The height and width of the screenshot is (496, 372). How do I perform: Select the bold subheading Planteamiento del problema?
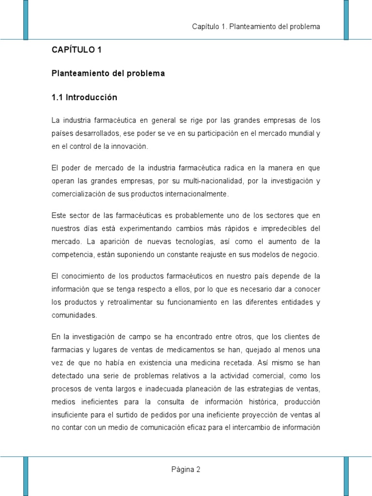click(x=108, y=74)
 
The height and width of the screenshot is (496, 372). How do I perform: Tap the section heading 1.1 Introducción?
click(x=84, y=97)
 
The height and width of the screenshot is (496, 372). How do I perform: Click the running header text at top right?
click(x=256, y=26)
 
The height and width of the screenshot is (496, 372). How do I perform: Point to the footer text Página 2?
click(x=186, y=469)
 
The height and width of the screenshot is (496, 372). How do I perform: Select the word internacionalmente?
click(x=196, y=194)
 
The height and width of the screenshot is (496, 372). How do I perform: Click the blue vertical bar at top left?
click(x=26, y=19)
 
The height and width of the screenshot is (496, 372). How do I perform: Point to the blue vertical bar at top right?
click(x=346, y=19)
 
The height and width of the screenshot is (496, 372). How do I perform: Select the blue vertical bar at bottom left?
click(x=26, y=476)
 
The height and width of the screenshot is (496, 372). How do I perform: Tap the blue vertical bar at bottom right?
click(x=346, y=476)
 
